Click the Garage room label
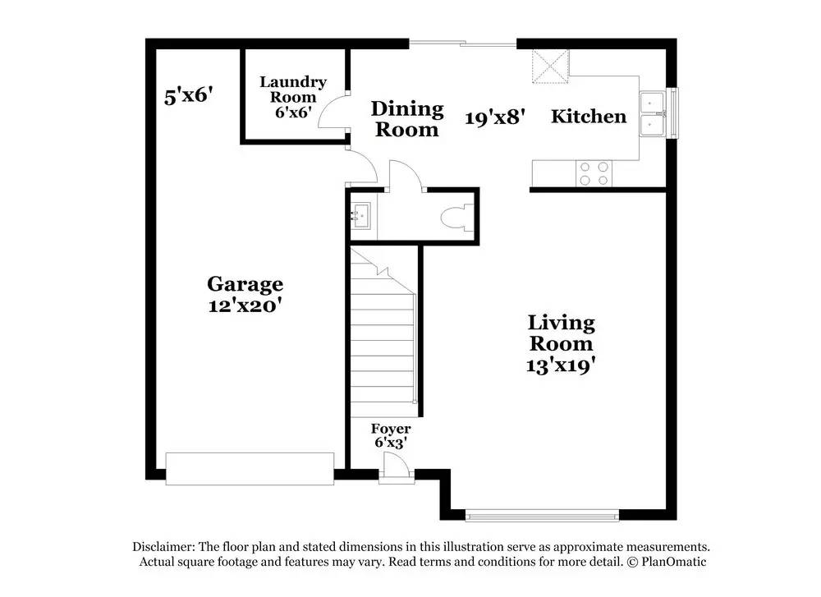(x=245, y=284)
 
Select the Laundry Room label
(x=293, y=90)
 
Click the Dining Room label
(x=406, y=118)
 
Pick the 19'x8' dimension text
(x=494, y=117)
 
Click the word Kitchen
(x=588, y=116)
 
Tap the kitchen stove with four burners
(x=594, y=172)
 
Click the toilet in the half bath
(x=456, y=217)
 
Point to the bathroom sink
(x=361, y=217)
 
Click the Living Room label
(x=561, y=333)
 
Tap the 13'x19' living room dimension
(x=561, y=365)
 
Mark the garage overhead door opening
(x=250, y=468)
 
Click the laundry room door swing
(x=333, y=113)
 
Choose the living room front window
(x=541, y=516)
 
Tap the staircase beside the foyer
(x=383, y=337)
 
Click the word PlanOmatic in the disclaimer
(x=673, y=562)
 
